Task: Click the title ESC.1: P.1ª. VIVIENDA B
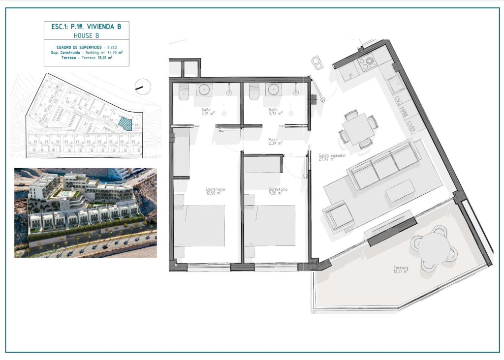pos(86,27)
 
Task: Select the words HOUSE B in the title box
pos(86,36)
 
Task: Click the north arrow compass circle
pos(142,87)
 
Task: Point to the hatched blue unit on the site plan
pos(126,123)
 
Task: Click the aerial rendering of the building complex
pos(85,213)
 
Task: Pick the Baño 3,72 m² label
pos(273,111)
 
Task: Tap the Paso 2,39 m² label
pos(274,142)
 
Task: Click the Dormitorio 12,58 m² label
pos(215,191)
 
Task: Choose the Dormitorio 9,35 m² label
pos(278,191)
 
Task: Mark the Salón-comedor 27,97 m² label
pos(332,157)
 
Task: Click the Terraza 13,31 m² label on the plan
pos(400,269)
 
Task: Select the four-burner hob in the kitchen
pos(367,62)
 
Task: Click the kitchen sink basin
pos(394,85)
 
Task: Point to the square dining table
pos(359,129)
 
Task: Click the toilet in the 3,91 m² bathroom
pos(184,92)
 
